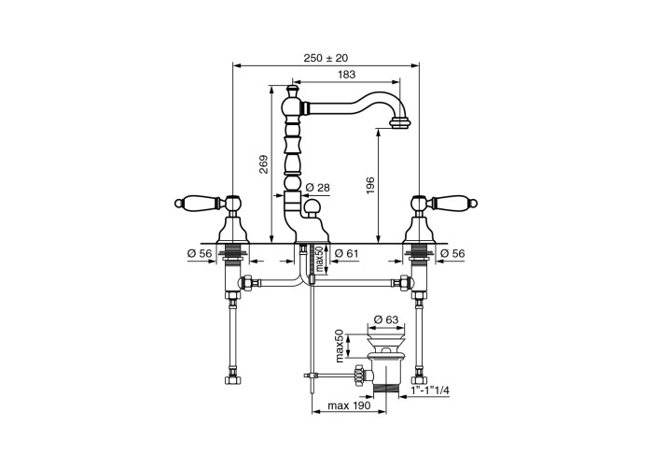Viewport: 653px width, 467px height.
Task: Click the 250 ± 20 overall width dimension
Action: click(326, 58)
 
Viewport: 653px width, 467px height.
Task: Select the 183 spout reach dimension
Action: click(346, 74)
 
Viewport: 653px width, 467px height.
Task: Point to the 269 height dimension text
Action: click(264, 164)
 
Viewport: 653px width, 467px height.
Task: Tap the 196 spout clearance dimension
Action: click(370, 186)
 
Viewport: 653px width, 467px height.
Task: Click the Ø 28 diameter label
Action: click(317, 188)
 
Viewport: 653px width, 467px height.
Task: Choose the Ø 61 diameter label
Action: click(346, 253)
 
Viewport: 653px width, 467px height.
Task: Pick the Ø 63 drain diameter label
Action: click(386, 319)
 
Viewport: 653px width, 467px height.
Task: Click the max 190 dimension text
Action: click(349, 405)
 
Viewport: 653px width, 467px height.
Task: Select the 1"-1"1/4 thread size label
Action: click(430, 390)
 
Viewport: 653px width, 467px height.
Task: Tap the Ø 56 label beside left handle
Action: click(200, 253)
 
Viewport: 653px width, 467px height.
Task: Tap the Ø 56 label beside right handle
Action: click(452, 253)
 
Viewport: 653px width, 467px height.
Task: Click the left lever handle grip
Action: click(198, 203)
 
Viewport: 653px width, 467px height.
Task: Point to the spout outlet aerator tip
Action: click(400, 123)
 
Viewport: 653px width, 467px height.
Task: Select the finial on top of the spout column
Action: click(293, 90)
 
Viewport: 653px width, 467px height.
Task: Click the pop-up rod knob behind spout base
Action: click(311, 206)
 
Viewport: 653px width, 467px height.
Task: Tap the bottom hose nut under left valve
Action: click(231, 380)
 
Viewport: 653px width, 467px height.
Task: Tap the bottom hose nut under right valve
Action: click(418, 380)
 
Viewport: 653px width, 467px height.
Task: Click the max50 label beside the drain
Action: click(340, 346)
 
